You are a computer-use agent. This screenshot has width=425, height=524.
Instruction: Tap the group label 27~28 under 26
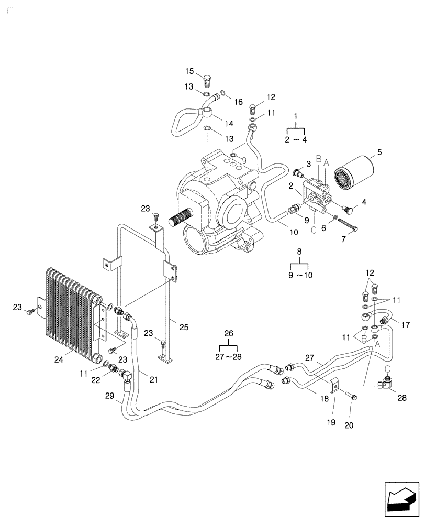pyautogui.click(x=229, y=357)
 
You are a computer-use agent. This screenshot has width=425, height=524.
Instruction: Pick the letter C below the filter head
pyautogui.click(x=313, y=228)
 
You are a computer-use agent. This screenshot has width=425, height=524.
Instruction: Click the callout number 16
pyautogui.click(x=239, y=102)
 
